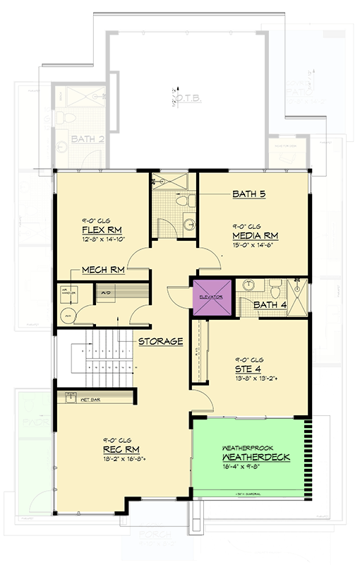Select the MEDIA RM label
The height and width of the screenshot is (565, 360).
252,235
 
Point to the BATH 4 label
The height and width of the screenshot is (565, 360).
268,305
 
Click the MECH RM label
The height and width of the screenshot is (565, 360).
104,270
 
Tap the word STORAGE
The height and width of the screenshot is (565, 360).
160,341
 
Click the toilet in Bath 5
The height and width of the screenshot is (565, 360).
183,203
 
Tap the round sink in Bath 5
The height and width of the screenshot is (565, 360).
188,225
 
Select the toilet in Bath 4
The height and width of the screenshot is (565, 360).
275,285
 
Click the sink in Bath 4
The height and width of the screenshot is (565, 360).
248,285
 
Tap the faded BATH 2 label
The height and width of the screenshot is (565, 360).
87,141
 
